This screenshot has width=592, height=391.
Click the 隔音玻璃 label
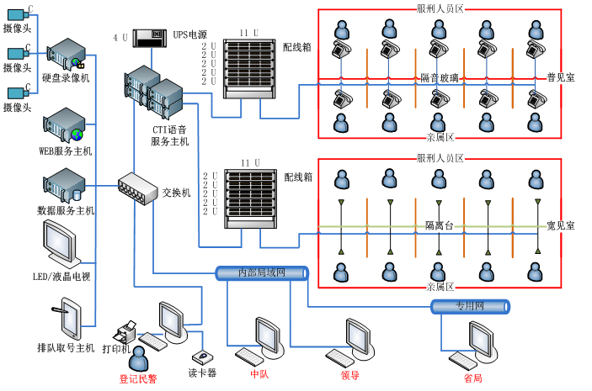(x=440, y=78)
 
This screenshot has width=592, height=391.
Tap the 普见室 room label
(x=561, y=78)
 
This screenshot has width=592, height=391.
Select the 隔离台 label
(x=440, y=226)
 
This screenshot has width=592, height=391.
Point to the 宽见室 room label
(x=561, y=226)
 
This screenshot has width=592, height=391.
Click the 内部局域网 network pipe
(x=262, y=273)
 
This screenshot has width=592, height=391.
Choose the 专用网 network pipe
(x=470, y=306)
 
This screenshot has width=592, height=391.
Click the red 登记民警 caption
(x=138, y=378)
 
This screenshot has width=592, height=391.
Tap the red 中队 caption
(x=259, y=373)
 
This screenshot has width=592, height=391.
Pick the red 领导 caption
(x=349, y=375)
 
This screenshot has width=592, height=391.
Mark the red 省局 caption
(x=472, y=378)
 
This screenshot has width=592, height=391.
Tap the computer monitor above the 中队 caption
(x=268, y=336)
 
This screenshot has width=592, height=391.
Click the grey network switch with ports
(x=138, y=188)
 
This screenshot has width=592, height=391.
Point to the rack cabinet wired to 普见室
(x=249, y=69)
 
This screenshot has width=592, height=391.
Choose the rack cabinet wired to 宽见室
(x=250, y=198)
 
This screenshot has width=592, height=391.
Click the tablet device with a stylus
(x=71, y=319)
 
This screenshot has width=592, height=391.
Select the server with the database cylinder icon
(x=66, y=185)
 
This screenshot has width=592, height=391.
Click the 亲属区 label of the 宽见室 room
(x=440, y=287)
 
